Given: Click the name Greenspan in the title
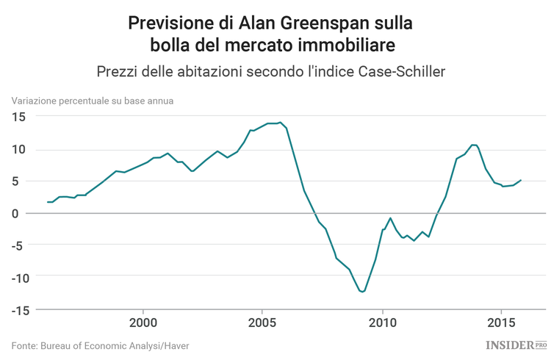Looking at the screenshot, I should pyautogui.click(x=321, y=23).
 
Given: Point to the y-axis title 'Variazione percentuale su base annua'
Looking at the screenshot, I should pyautogui.click(x=92, y=101).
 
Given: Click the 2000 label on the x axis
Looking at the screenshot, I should pyautogui.click(x=143, y=323).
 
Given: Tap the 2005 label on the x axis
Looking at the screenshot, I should pyautogui.click(x=262, y=323).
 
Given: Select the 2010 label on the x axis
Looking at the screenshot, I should pyautogui.click(x=382, y=323).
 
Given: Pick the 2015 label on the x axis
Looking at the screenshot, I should pyautogui.click(x=501, y=323).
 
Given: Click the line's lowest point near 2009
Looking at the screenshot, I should pyautogui.click(x=361, y=292).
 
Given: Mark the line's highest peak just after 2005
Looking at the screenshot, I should pyautogui.click(x=280, y=123).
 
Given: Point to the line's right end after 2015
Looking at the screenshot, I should pyautogui.click(x=521, y=180).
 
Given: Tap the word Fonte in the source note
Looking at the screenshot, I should pyautogui.click(x=25, y=345).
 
